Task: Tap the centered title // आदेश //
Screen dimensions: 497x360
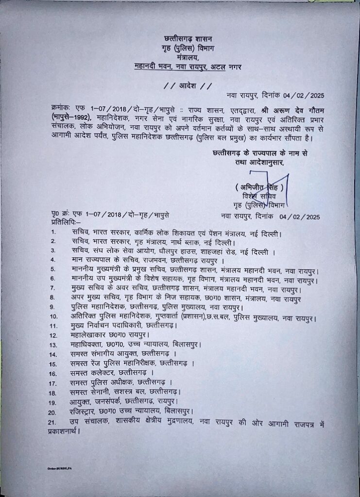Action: coord(188,86)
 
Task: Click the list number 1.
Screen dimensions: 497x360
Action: coord(53,233)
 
